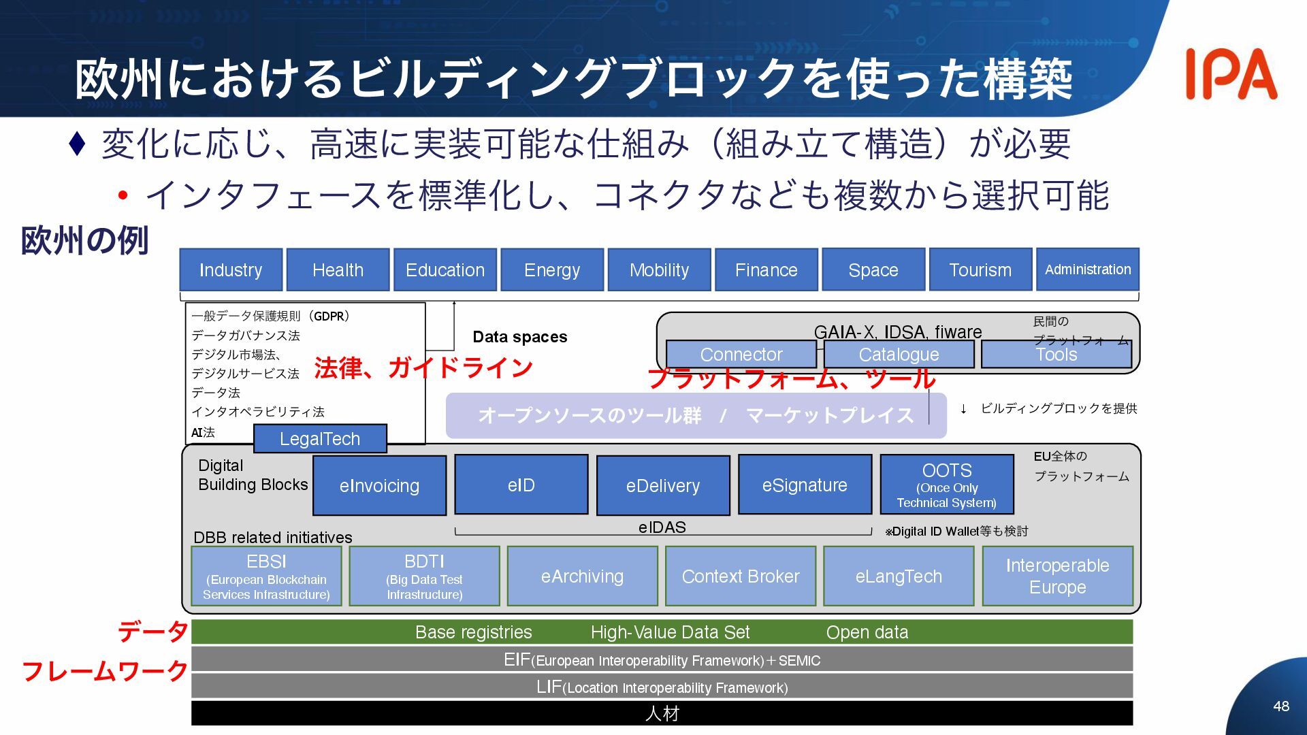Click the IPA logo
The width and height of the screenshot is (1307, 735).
click(x=1231, y=74)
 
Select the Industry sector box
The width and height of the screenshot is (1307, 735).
click(x=231, y=270)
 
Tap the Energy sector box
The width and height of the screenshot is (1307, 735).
click(x=552, y=270)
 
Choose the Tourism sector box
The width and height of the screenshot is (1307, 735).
click(x=980, y=270)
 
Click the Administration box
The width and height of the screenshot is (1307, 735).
click(x=1088, y=269)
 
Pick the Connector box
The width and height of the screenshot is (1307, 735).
click(x=741, y=355)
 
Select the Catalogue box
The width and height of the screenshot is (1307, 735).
click(x=899, y=355)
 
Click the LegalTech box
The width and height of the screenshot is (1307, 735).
click(x=320, y=439)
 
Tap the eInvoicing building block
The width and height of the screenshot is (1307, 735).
click(x=379, y=485)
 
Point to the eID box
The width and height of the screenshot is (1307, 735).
click(x=521, y=485)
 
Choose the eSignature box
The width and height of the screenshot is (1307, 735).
click(x=805, y=485)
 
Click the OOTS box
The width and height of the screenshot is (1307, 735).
click(x=947, y=485)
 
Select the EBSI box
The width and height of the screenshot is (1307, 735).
click(x=266, y=576)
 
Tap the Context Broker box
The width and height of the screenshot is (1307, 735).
click(x=741, y=576)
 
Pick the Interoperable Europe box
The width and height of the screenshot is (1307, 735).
click(x=1057, y=576)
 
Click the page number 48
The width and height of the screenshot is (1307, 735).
click(x=1281, y=706)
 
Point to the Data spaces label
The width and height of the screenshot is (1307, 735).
click(x=520, y=337)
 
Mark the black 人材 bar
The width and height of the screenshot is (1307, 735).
click(x=662, y=713)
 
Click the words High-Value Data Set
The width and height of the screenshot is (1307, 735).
click(x=670, y=632)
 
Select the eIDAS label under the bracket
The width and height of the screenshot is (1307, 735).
click(x=662, y=527)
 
